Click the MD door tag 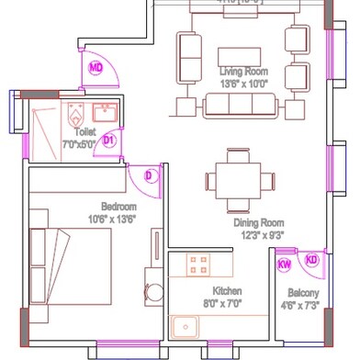(x=96, y=67)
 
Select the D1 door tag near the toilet (x=108, y=140)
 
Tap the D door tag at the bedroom (x=150, y=175)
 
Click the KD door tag (x=311, y=260)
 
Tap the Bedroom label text (x=118, y=207)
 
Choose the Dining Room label (x=258, y=223)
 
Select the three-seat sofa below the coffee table (x=244, y=105)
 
